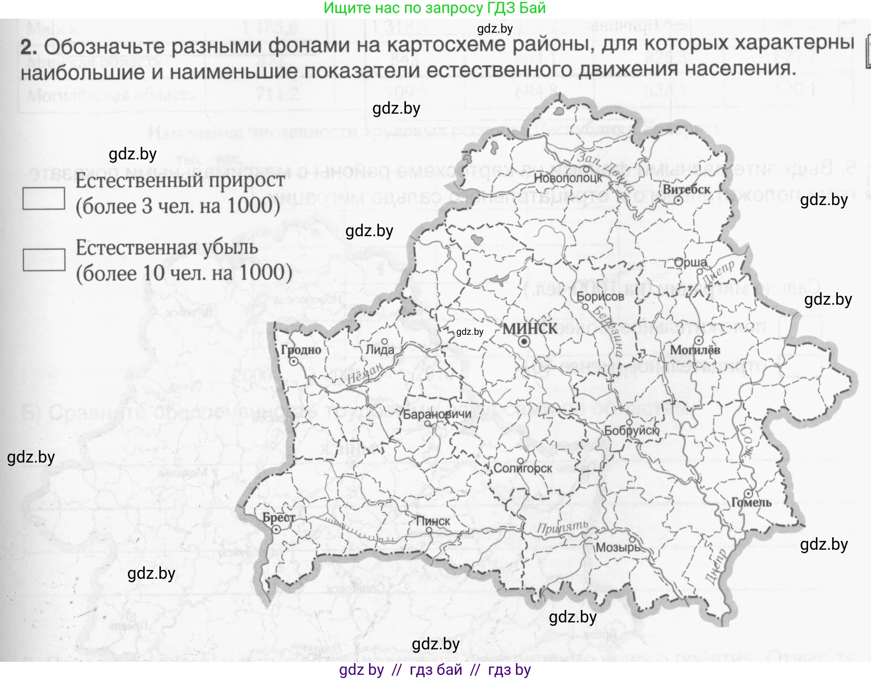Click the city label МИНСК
530,328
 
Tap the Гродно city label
301,349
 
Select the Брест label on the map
279,517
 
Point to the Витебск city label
686,189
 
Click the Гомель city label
751,502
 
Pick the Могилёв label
695,350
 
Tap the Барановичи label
437,414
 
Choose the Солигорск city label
523,468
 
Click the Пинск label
433,521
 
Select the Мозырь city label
618,547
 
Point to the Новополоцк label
568,178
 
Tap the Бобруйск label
631,430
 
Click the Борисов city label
600,296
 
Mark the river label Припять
562,527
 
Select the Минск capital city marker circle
524,342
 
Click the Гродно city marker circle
293,362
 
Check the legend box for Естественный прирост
44,198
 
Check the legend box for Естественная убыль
44,260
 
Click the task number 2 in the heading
29,47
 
